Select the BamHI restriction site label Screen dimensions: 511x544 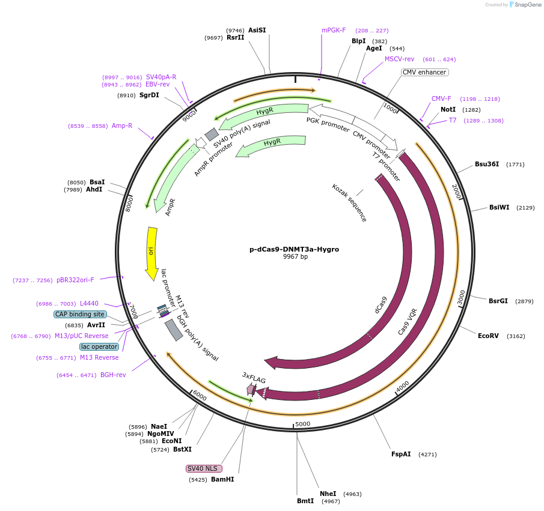point(222,480)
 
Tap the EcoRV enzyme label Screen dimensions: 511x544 point(488,336)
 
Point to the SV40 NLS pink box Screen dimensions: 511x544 point(204,468)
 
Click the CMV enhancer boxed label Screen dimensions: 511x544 point(424,73)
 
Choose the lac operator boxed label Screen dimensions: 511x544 point(99,346)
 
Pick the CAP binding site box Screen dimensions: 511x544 point(80,314)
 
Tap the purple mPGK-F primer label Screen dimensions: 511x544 point(334,30)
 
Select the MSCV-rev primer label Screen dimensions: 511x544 point(400,59)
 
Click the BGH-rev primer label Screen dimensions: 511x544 point(113,375)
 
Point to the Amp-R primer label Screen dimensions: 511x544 point(122,125)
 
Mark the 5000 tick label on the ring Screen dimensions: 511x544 point(302,424)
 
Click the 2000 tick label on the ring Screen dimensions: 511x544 point(456,192)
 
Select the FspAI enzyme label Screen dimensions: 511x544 point(401,454)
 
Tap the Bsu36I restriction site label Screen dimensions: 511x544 point(487,164)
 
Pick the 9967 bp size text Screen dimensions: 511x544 point(295,257)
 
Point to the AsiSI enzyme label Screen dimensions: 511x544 point(257,30)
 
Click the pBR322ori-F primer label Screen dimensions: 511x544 point(75,280)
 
